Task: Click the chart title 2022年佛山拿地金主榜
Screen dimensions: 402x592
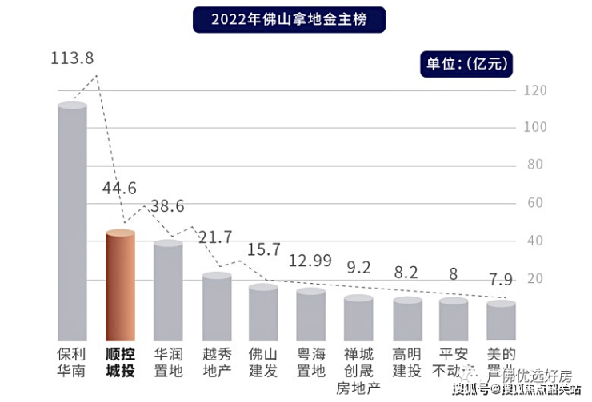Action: coord(289,19)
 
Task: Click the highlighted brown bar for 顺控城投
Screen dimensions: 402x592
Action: coord(121,285)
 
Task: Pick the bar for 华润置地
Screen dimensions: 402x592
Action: coord(168,290)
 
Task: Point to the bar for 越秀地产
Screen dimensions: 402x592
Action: coord(217,307)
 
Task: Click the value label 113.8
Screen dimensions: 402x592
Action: coord(71,58)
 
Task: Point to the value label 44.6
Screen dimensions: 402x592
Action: coord(120,189)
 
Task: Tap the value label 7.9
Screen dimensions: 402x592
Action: coord(501,281)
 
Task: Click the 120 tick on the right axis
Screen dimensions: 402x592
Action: coord(535,90)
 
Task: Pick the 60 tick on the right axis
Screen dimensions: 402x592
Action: coord(535,203)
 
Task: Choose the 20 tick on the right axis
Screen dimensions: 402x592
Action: coord(535,278)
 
